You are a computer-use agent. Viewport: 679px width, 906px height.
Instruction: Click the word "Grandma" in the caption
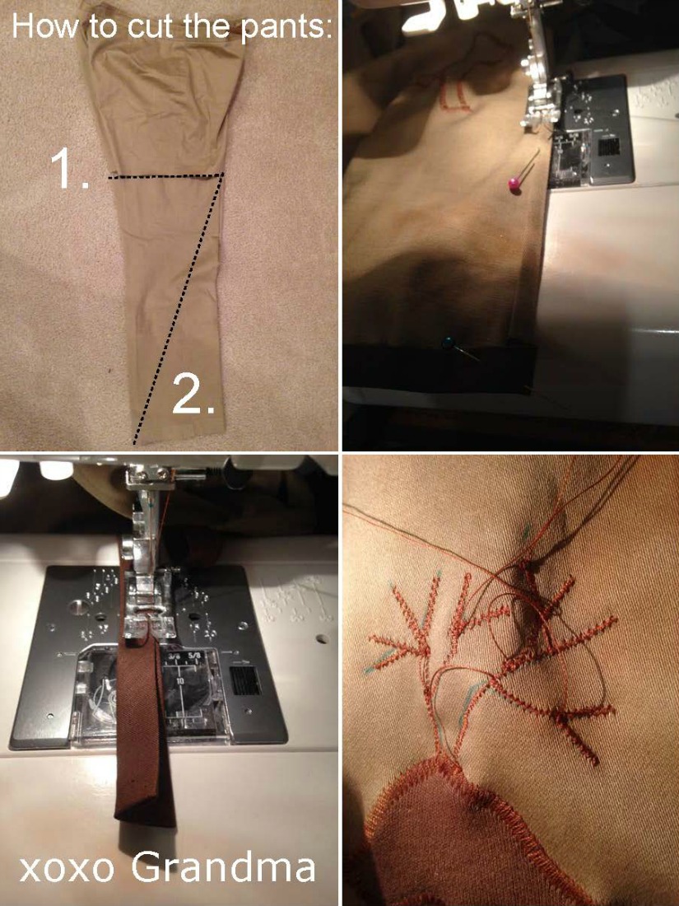pos(223,867)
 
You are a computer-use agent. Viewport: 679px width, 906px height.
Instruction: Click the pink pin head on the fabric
pos(514,184)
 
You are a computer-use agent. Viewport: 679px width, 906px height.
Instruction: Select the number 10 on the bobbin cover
pos(180,681)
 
